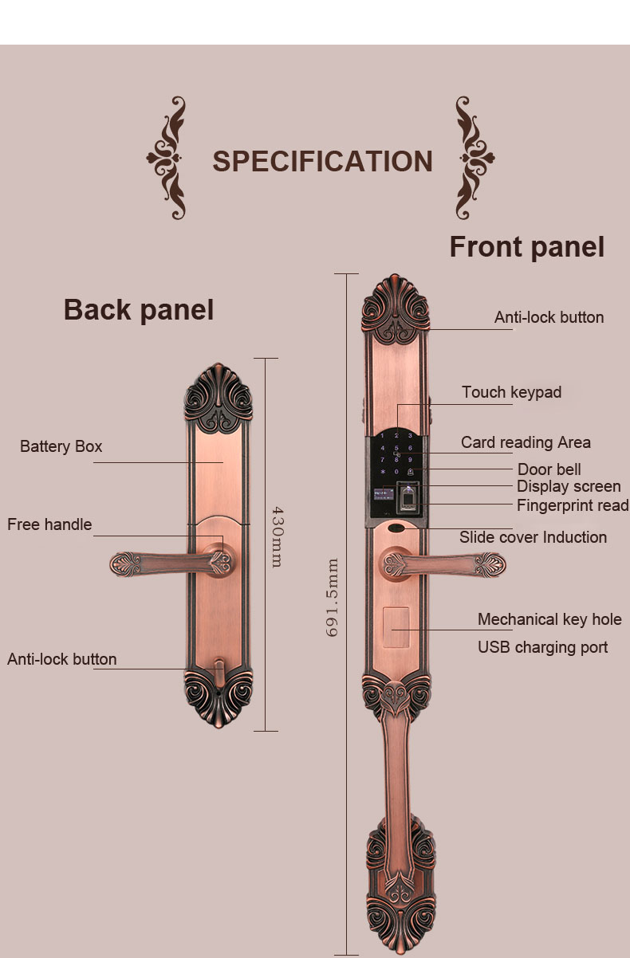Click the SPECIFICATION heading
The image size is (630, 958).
coord(322,161)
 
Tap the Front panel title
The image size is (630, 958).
coord(527,246)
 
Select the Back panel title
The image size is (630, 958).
coord(139,309)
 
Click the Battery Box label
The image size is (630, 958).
coord(61,446)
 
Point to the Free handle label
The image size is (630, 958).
coord(49,524)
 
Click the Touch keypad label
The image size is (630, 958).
coord(511,392)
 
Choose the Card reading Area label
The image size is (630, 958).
coord(526,442)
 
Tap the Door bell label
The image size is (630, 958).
coord(549,469)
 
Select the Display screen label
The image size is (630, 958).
coord(568,486)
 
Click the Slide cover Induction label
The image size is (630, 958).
coord(533,537)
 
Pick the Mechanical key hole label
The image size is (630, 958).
coord(549,619)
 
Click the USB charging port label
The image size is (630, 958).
coord(542,647)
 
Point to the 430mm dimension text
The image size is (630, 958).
coord(277,536)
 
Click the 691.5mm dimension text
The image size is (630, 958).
coord(333,597)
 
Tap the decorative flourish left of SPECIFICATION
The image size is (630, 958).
coord(167,159)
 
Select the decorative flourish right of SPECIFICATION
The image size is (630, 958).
coord(475,159)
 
